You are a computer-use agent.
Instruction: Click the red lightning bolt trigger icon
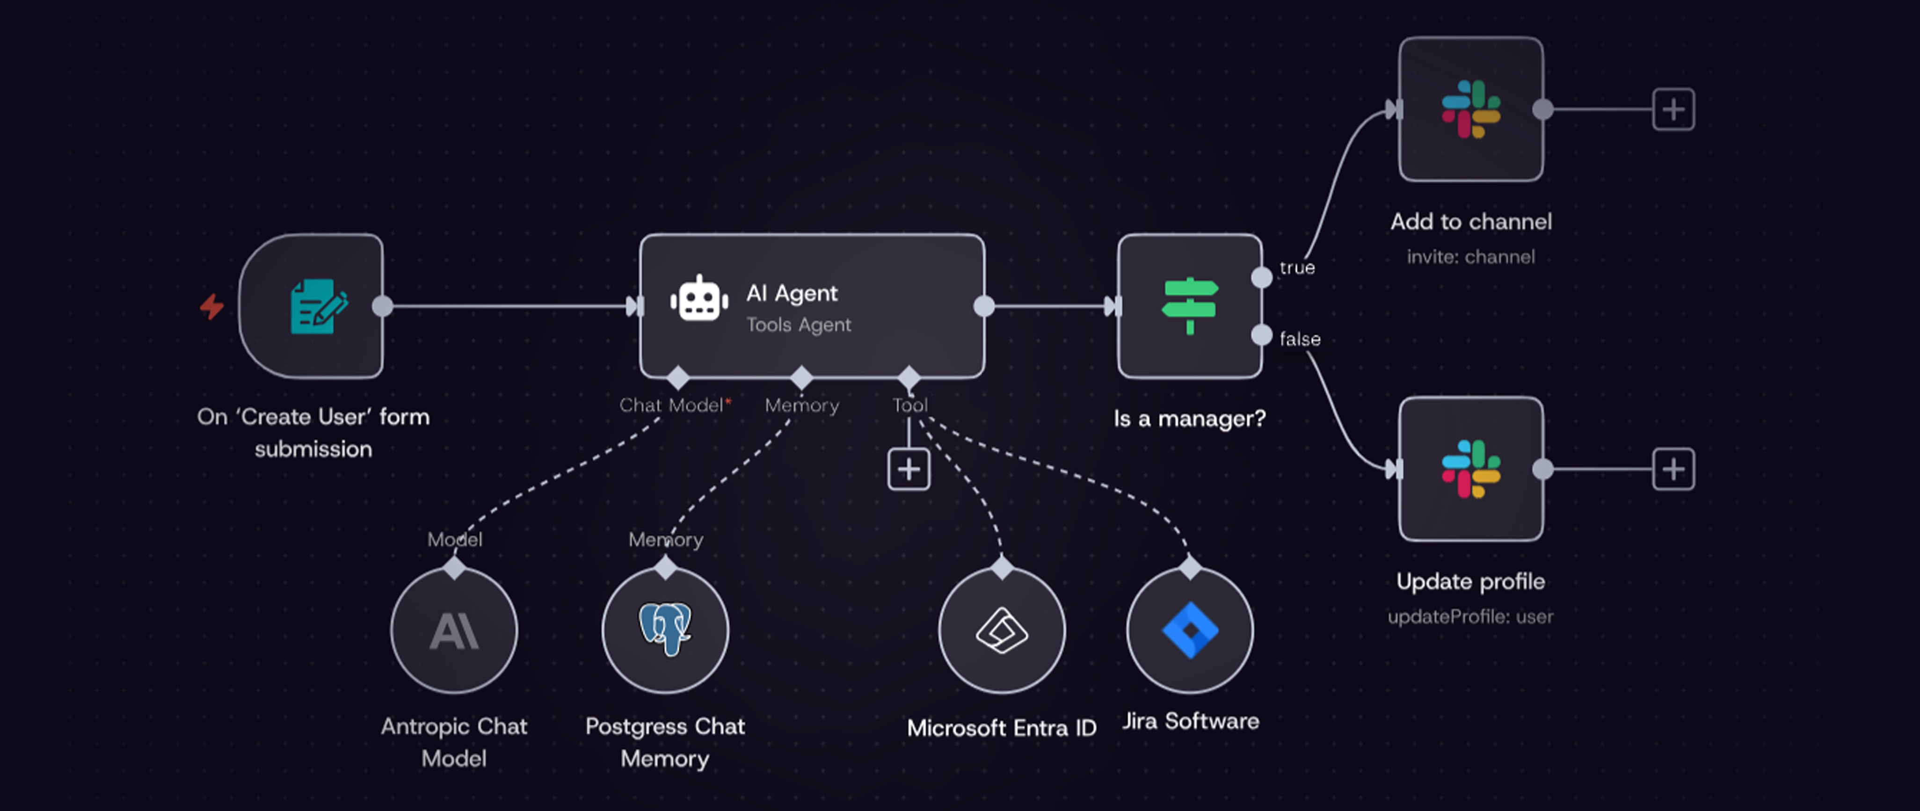point(211,306)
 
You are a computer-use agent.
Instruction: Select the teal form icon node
point(318,306)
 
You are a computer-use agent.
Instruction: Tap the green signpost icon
point(1190,305)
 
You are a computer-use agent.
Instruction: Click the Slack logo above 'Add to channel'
point(1470,109)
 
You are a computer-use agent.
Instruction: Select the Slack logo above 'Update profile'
point(1470,469)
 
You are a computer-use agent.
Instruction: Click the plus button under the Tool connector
point(909,469)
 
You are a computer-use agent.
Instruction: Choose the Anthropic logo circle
point(454,630)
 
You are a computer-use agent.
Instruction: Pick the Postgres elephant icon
point(665,629)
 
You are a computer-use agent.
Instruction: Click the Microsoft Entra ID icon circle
point(1002,630)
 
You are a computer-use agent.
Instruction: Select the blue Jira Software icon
point(1190,630)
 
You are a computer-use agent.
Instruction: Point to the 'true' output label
point(1297,268)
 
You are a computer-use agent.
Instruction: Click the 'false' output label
point(1300,339)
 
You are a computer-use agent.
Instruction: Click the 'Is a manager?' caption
point(1190,419)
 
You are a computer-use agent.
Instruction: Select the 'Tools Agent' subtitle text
point(798,325)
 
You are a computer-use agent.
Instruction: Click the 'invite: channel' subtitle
point(1470,257)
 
